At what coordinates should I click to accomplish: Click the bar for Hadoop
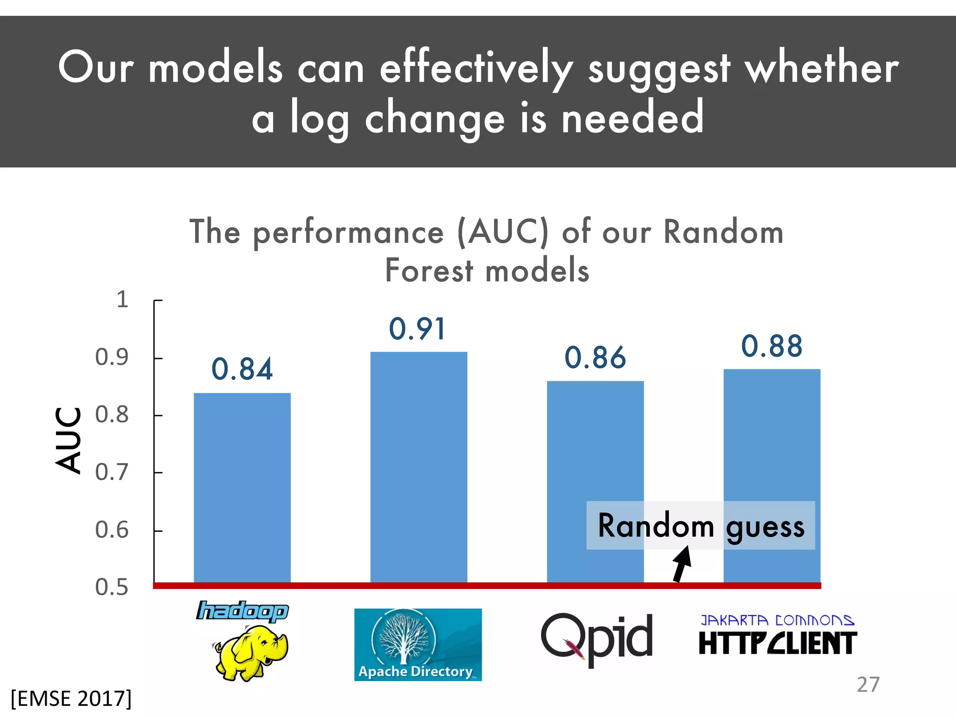pyautogui.click(x=242, y=488)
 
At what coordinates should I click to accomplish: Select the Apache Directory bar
pyautogui.click(x=419, y=467)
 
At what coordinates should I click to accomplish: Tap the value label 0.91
pyautogui.click(x=417, y=329)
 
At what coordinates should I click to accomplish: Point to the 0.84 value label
pyautogui.click(x=242, y=369)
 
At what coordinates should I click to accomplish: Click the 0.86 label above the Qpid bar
pyautogui.click(x=595, y=358)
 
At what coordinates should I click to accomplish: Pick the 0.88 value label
pyautogui.click(x=772, y=346)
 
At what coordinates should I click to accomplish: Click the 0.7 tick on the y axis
pyautogui.click(x=112, y=472)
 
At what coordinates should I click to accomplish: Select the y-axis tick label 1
pyautogui.click(x=122, y=299)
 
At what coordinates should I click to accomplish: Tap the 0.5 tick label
pyautogui.click(x=112, y=587)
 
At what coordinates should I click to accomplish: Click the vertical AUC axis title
pyautogui.click(x=68, y=440)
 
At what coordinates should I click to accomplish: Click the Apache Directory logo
pyautogui.click(x=418, y=645)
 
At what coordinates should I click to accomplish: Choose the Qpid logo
pyautogui.click(x=597, y=638)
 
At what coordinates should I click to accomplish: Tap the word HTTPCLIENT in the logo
pyautogui.click(x=778, y=643)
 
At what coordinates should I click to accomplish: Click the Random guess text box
pyautogui.click(x=701, y=526)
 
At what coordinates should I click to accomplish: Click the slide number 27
pyautogui.click(x=868, y=685)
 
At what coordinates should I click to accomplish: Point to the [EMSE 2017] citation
pyautogui.click(x=71, y=699)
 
